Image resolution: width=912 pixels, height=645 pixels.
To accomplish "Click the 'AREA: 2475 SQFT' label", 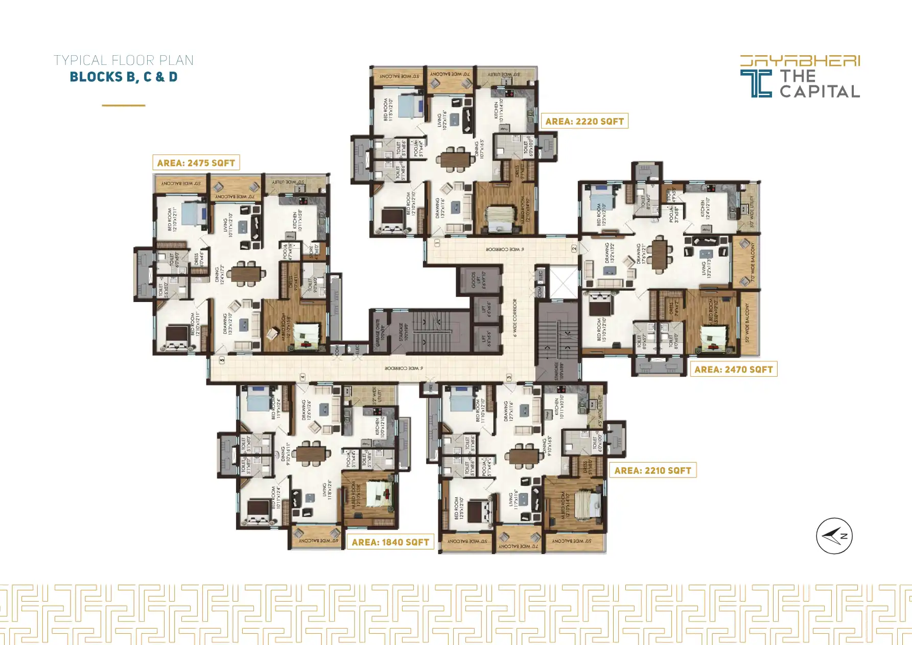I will pyautogui.click(x=196, y=163).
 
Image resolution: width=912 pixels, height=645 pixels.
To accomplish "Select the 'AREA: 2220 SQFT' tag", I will pyautogui.click(x=584, y=122).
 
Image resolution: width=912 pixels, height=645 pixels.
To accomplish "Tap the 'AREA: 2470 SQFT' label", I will pyautogui.click(x=733, y=370).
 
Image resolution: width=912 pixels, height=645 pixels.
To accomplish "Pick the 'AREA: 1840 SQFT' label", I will pyautogui.click(x=390, y=542).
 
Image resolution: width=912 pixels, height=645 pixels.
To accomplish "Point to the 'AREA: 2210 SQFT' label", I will pyautogui.click(x=652, y=471).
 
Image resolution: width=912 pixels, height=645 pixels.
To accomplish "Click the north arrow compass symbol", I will pyautogui.click(x=834, y=536).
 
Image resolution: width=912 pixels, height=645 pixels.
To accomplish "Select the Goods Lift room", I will pyautogui.click(x=479, y=280).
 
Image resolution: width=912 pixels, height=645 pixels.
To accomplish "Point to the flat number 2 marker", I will pyautogui.click(x=574, y=248).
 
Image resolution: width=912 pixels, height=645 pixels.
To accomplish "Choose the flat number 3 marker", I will pyautogui.click(x=509, y=377).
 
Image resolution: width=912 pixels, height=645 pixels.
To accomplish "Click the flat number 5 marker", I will pyautogui.click(x=222, y=360).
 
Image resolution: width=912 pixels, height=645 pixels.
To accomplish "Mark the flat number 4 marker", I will pyautogui.click(x=302, y=377).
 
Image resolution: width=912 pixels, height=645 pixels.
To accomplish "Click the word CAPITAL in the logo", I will pyautogui.click(x=820, y=91).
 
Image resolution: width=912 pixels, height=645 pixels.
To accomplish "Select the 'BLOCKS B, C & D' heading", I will pyautogui.click(x=124, y=77).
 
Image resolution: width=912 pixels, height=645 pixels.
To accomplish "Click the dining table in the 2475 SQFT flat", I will pyautogui.click(x=246, y=273).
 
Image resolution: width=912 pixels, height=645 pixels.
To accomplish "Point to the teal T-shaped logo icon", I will pyautogui.click(x=756, y=83).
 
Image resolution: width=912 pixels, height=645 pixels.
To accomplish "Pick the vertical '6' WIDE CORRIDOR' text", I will pyautogui.click(x=515, y=318).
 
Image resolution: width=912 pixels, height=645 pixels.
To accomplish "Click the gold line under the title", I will pyautogui.click(x=123, y=105).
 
